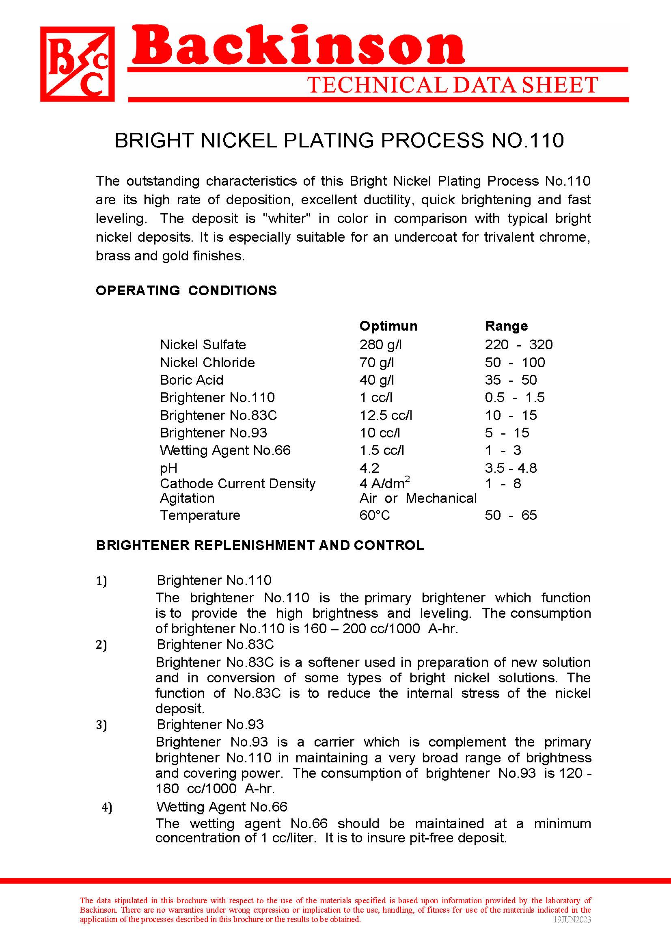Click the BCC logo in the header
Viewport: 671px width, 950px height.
click(x=77, y=64)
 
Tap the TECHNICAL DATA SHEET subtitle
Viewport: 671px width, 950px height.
click(x=453, y=85)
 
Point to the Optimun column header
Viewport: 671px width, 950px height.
click(x=388, y=326)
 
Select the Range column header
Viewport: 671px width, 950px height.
click(x=507, y=326)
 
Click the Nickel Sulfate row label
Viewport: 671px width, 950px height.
click(x=203, y=344)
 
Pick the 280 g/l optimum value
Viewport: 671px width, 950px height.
click(x=381, y=344)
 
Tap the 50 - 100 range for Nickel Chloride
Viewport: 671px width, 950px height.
click(x=515, y=362)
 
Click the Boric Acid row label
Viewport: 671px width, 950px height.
click(x=192, y=380)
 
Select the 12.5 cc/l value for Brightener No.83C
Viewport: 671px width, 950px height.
click(x=386, y=415)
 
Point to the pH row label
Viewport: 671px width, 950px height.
click(x=169, y=468)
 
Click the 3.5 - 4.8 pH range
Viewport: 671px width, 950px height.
click(x=511, y=468)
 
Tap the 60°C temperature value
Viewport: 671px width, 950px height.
click(x=375, y=515)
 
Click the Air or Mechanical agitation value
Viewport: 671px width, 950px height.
click(x=418, y=498)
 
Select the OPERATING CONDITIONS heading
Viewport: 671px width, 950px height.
click(x=186, y=290)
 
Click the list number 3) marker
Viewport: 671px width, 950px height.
click(x=102, y=725)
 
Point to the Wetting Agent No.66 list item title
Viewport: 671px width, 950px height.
click(x=222, y=807)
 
